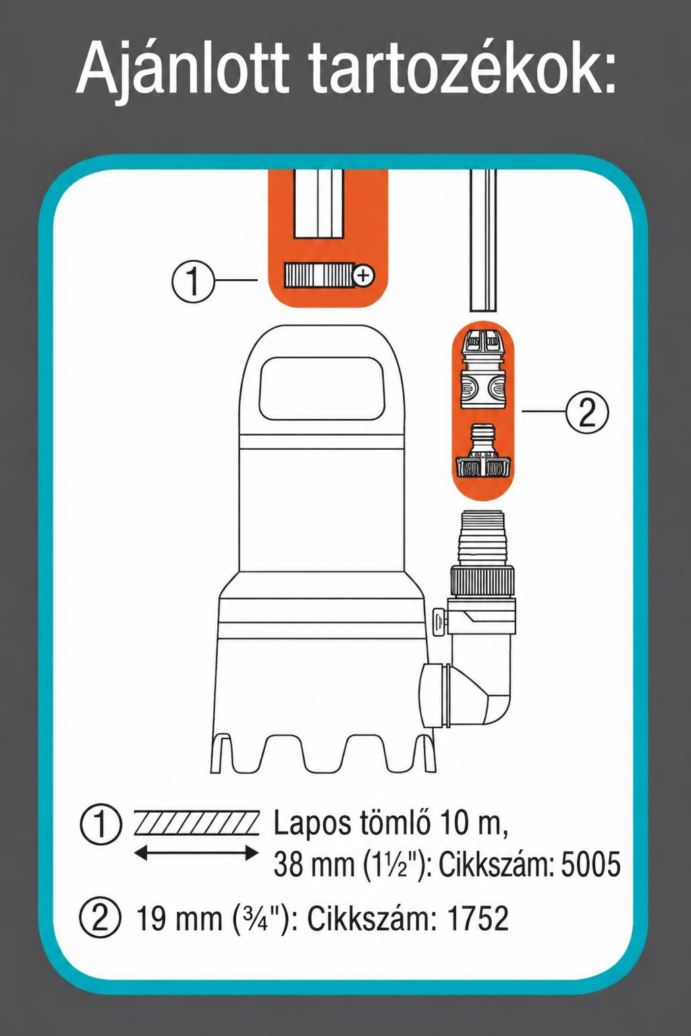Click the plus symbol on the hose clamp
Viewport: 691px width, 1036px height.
[x=364, y=276]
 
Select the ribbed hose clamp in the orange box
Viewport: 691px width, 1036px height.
[x=319, y=276]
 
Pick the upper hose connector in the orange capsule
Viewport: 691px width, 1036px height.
[x=482, y=368]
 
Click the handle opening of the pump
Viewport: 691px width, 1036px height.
[x=322, y=389]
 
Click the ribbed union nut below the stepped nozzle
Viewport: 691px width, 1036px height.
[x=482, y=581]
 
